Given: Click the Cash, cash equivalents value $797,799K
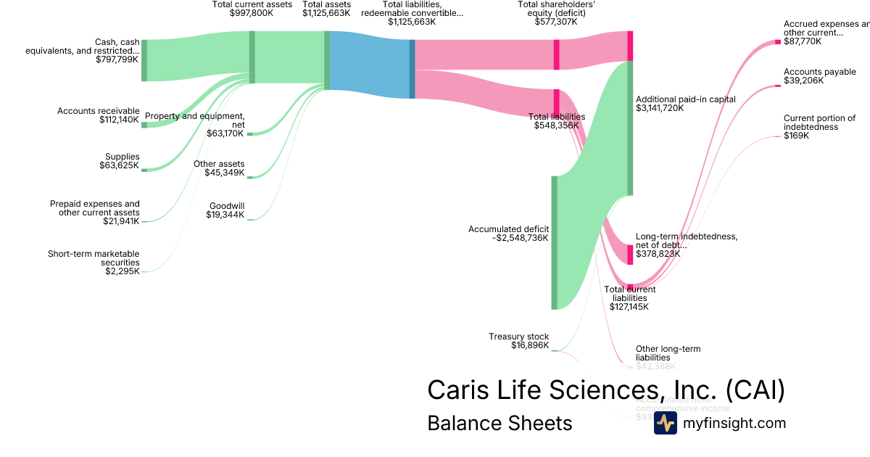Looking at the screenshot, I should [x=117, y=59].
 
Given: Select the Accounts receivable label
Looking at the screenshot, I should [x=98, y=111].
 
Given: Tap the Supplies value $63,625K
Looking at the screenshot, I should [x=120, y=165].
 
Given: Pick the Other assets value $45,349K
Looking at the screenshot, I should [x=225, y=173].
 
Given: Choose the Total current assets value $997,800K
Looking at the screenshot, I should [x=252, y=13].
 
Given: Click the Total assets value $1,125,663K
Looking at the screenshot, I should [x=327, y=13].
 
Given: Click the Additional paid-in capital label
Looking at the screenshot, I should [x=685, y=99].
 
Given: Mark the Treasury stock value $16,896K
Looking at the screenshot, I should [x=529, y=345].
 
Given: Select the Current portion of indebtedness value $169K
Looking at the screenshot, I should [x=795, y=136].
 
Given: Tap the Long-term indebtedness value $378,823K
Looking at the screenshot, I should [x=658, y=254].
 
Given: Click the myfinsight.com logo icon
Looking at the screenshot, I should [x=665, y=423].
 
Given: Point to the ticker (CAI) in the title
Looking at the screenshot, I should [x=755, y=390].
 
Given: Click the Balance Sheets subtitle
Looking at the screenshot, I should [x=500, y=423].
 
